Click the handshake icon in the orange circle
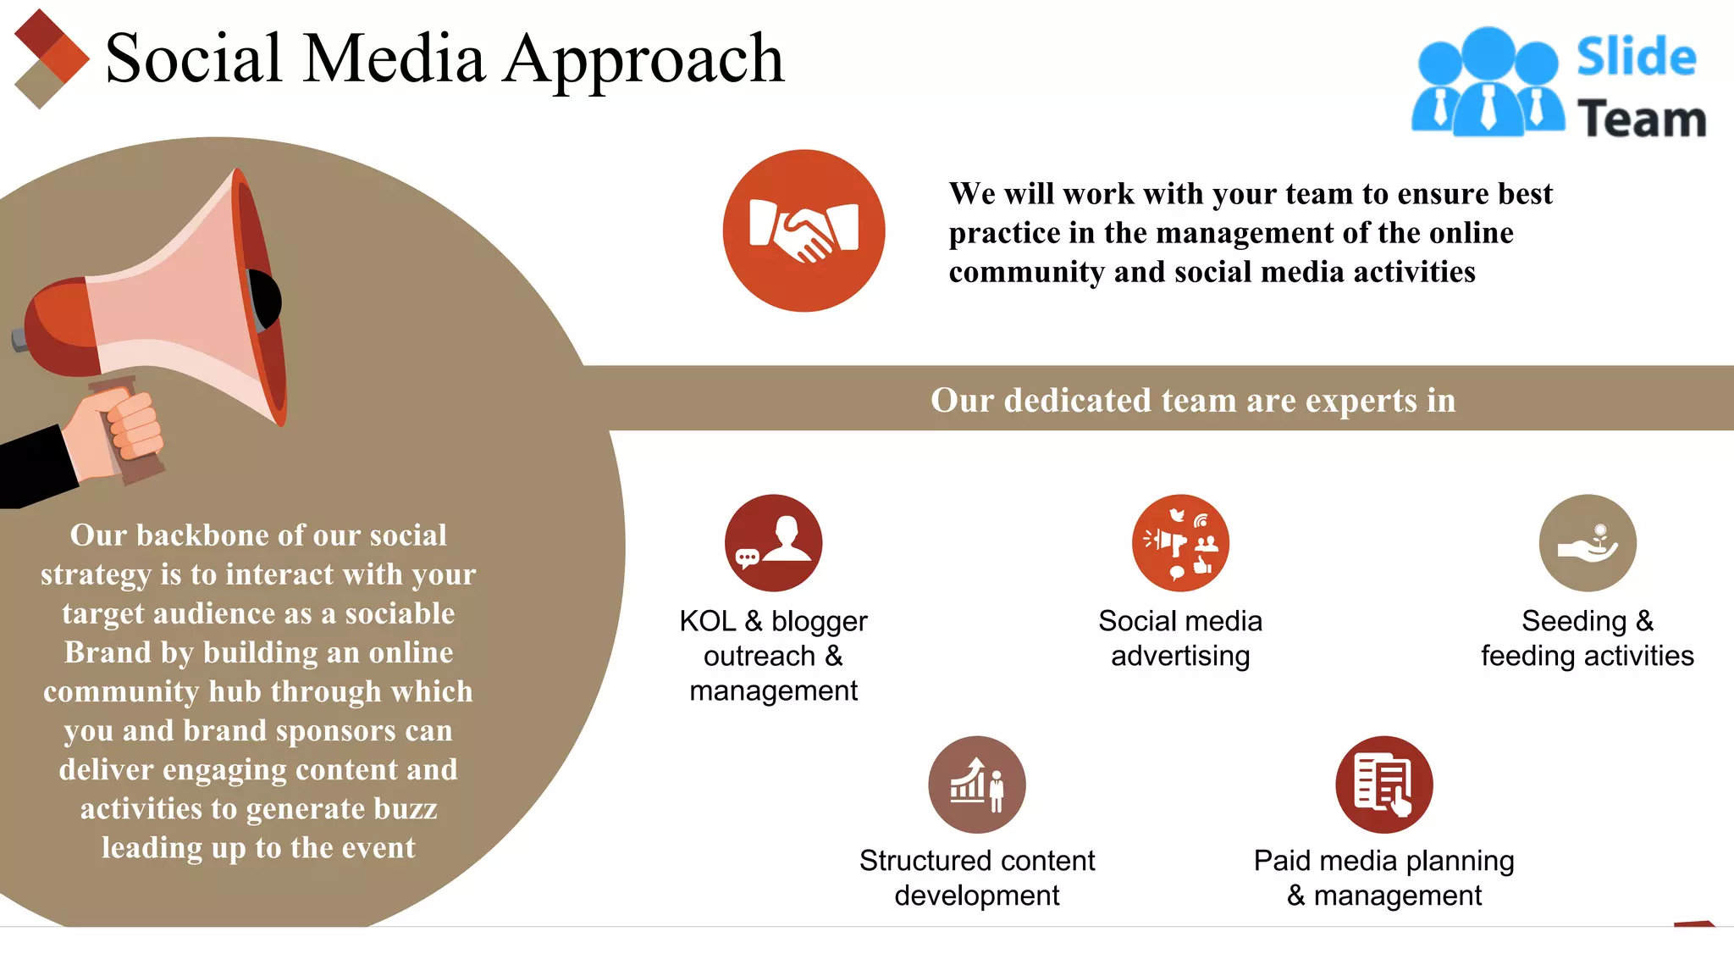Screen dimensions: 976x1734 (x=803, y=230)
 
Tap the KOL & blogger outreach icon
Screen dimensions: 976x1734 (x=773, y=543)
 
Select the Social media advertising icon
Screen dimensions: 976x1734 (x=1180, y=543)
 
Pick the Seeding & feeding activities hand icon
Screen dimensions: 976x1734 (x=1588, y=544)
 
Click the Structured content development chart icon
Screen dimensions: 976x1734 (x=976, y=785)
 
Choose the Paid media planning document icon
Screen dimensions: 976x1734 (x=1383, y=785)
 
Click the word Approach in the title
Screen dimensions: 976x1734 (x=643, y=59)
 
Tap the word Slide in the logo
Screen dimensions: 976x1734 (x=1636, y=58)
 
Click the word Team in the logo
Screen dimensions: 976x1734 (x=1641, y=119)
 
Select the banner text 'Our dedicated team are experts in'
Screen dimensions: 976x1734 (x=1192, y=400)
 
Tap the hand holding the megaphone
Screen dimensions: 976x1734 (x=114, y=432)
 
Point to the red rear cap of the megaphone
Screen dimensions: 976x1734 (x=55, y=330)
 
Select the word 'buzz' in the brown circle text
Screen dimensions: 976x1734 (x=405, y=809)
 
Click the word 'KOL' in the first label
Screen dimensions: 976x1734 (x=707, y=621)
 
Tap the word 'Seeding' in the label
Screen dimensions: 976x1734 (x=1573, y=621)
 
